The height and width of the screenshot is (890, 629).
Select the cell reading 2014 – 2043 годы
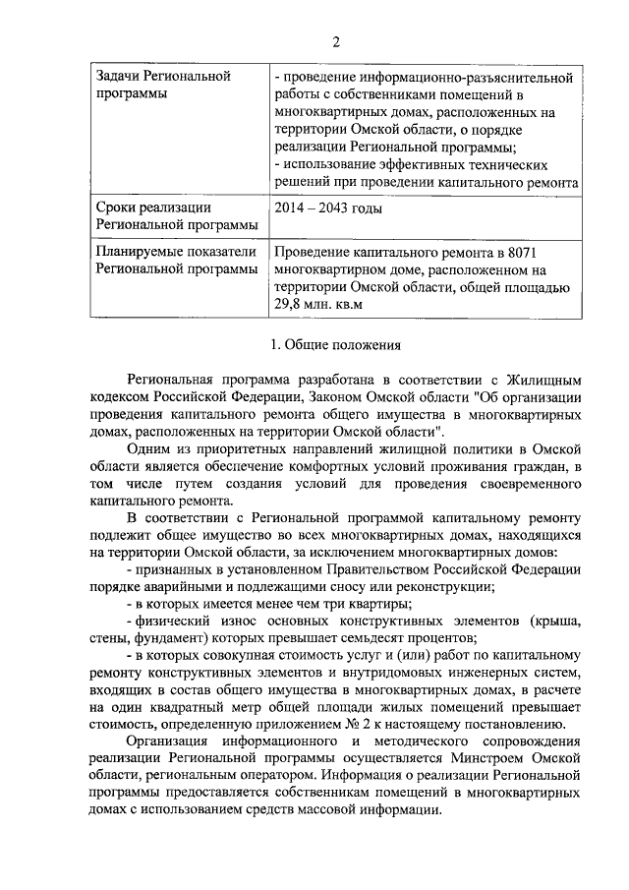[x=328, y=208]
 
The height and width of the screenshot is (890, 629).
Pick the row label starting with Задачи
[x=123, y=77]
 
